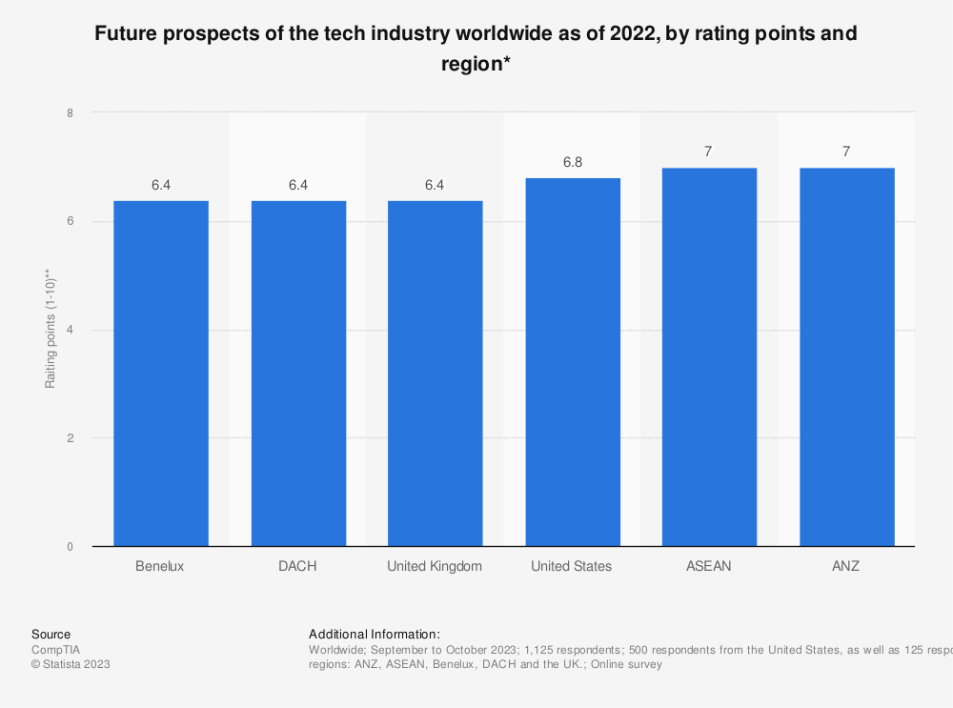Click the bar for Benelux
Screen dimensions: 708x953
[161, 374]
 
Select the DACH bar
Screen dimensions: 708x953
[298, 374]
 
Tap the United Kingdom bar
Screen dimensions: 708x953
[435, 374]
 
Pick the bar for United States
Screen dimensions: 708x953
[572, 362]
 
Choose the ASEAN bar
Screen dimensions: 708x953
[709, 357]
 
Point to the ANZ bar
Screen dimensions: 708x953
[846, 357]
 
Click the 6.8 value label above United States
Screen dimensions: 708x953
[572, 163]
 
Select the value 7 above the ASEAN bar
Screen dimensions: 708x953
[709, 152]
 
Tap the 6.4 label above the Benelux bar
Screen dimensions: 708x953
[161, 185]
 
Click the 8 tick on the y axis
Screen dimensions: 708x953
[70, 112]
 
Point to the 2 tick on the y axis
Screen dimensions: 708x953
[70, 438]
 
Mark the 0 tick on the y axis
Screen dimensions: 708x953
[70, 547]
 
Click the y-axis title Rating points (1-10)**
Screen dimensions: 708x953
[51, 330]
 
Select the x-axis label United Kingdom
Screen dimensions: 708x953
[435, 566]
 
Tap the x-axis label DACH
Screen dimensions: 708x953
[298, 566]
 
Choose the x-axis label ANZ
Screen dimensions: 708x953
[846, 566]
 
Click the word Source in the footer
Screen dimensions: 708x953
[51, 634]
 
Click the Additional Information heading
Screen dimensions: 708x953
[375, 634]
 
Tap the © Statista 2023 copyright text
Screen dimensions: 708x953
[71, 664]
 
